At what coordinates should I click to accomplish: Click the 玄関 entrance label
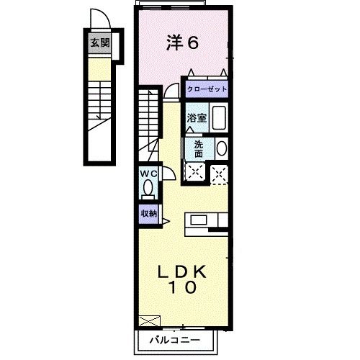[x=99, y=43]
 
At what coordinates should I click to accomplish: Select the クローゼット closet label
[x=207, y=89]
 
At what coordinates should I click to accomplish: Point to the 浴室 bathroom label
[x=197, y=118]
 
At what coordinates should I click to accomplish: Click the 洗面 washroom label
[x=198, y=148]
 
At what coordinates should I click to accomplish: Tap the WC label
[x=148, y=174]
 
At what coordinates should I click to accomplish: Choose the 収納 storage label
[x=148, y=213]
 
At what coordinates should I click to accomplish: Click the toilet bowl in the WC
[x=148, y=189]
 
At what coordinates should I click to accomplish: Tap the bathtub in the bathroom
[x=220, y=117]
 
